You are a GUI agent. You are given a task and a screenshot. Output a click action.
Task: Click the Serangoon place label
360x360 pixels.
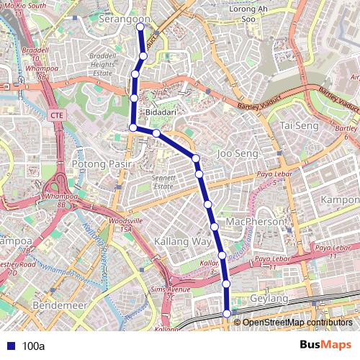(x=125, y=19)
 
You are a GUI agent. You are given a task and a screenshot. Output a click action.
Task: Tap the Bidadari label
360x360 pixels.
(x=161, y=113)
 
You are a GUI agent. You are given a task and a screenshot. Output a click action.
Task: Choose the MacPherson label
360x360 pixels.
(x=254, y=222)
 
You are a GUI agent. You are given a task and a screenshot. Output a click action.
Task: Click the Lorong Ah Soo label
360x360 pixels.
(x=248, y=14)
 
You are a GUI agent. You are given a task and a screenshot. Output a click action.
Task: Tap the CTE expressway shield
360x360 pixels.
(x=57, y=115)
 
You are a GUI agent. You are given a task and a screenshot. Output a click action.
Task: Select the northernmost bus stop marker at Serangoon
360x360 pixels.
(x=140, y=27)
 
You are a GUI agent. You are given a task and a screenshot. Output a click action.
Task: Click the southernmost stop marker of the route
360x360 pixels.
(x=228, y=313)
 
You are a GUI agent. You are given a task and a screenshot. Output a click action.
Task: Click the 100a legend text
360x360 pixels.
(x=34, y=346)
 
